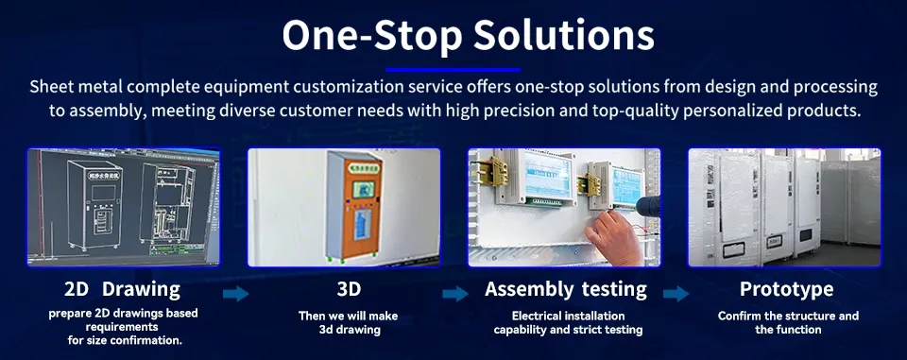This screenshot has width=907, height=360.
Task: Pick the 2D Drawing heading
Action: (122, 288)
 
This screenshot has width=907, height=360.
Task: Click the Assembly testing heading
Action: (566, 288)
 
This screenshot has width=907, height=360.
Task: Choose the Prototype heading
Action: (786, 288)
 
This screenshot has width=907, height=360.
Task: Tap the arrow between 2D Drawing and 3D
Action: (236, 294)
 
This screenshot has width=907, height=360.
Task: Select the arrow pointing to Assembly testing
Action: (455, 294)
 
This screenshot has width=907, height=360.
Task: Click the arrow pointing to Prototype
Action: (676, 294)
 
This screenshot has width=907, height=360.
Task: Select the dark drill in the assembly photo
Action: (653, 213)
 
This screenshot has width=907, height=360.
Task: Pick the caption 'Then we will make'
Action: (348, 315)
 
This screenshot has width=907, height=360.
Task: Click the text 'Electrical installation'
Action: (568, 315)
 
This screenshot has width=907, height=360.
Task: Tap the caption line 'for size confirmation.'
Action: (124, 340)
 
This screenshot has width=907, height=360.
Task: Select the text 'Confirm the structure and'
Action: (788, 315)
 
